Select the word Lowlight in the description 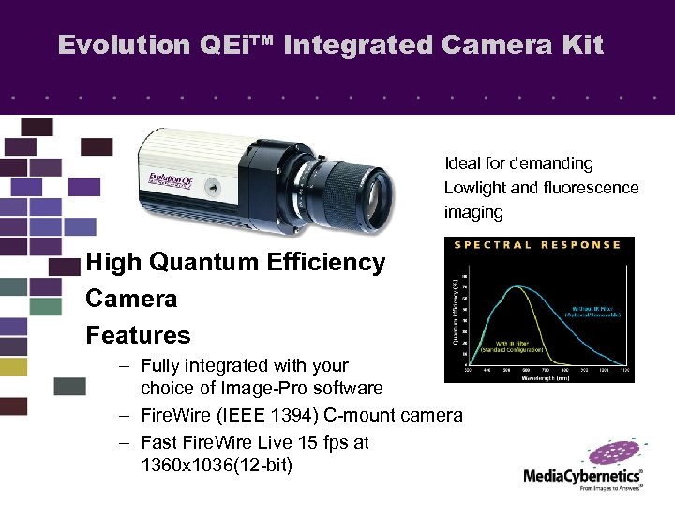click(477, 188)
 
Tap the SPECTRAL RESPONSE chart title click(537, 245)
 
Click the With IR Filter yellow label click(501, 346)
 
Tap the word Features click(138, 335)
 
